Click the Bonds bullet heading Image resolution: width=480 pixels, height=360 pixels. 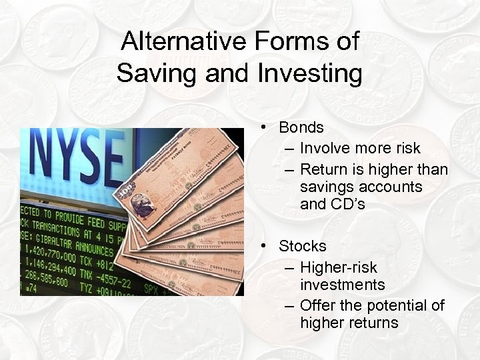coord(301,127)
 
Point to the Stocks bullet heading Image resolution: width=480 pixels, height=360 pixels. coord(303,246)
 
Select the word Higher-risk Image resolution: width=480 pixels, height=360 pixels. coord(339,267)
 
